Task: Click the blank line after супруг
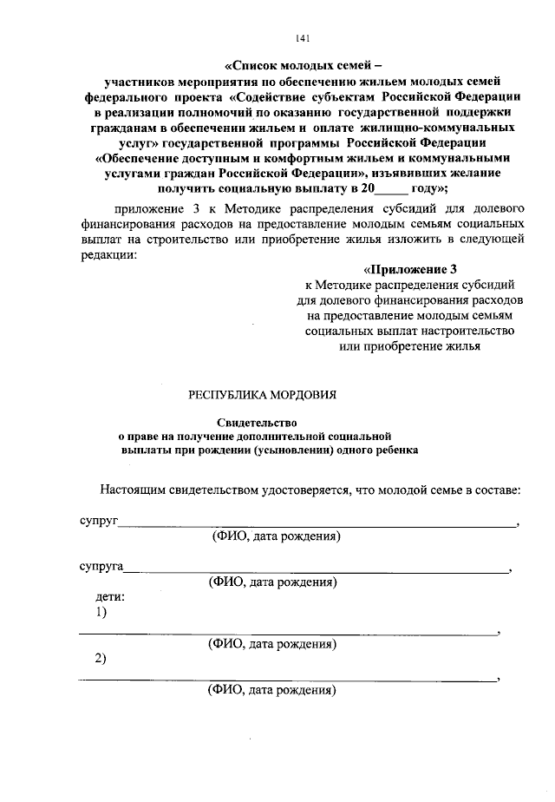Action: click(x=317, y=524)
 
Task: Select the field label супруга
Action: click(x=97, y=568)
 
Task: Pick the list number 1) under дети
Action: click(x=101, y=614)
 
